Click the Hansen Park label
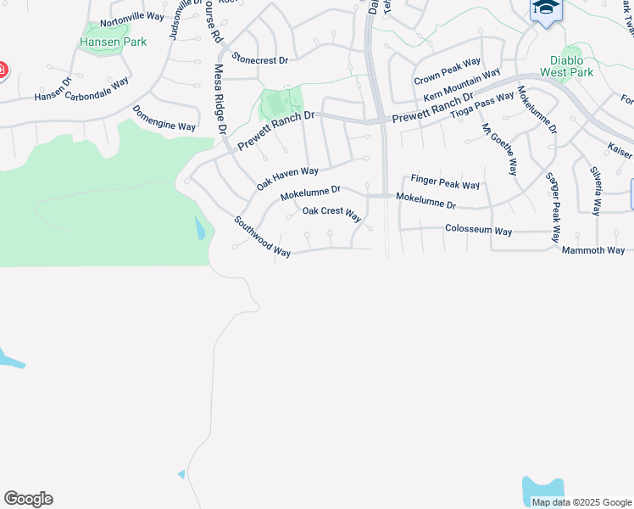pos(113,42)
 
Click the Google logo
pos(28,499)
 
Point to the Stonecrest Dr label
pos(261,60)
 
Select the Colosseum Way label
pos(479,231)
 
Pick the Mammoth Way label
pos(592,250)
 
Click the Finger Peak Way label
pos(445,182)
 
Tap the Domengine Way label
pos(164,119)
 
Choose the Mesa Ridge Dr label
pos(220,99)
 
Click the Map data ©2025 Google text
pos(581,502)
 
